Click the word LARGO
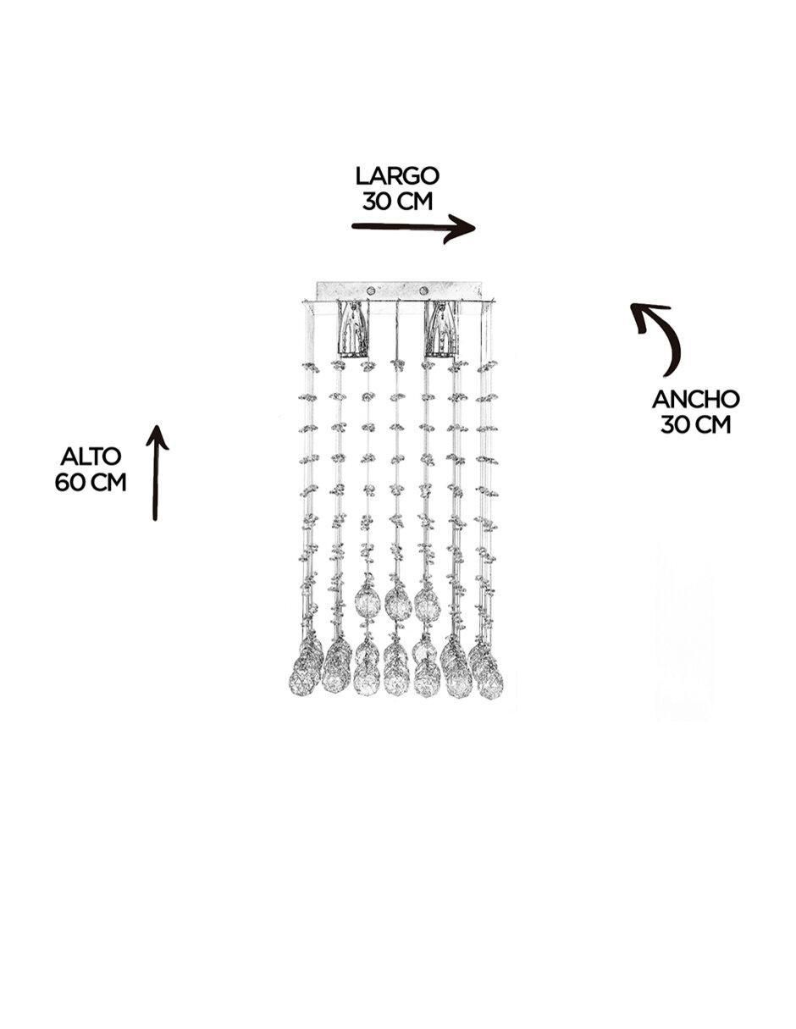[x=397, y=176]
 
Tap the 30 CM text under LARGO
[x=397, y=202]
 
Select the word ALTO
[x=91, y=456]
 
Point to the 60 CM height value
[x=91, y=483]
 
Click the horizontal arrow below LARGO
[x=413, y=229]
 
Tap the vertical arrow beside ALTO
[x=156, y=473]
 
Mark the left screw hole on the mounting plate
[x=372, y=289]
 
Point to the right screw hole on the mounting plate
[x=424, y=289]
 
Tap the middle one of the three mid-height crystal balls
[x=397, y=604]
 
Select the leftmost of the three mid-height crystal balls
[x=368, y=600]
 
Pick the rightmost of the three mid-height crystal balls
[x=427, y=602]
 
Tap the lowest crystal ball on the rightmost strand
[x=490, y=686]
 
